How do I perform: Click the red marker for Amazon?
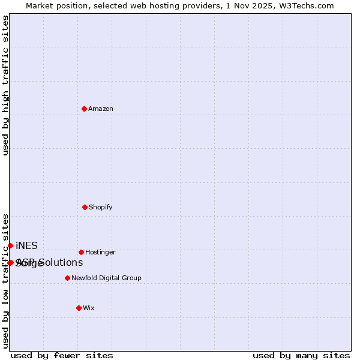85,109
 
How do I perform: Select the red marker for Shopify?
85,207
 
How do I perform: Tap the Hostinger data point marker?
81,252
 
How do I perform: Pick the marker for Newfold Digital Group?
67,278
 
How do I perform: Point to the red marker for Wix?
79,308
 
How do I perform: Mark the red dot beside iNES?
10,245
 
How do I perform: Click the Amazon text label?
101,109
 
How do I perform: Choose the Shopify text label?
101,207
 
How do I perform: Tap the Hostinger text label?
100,252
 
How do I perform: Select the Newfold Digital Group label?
106,278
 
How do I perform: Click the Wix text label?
89,308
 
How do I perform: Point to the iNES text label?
26,245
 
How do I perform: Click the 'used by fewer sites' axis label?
62,355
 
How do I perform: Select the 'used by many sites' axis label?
301,355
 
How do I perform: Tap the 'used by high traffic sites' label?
5,85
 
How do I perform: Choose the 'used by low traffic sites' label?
5,281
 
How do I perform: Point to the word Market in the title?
40,5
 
